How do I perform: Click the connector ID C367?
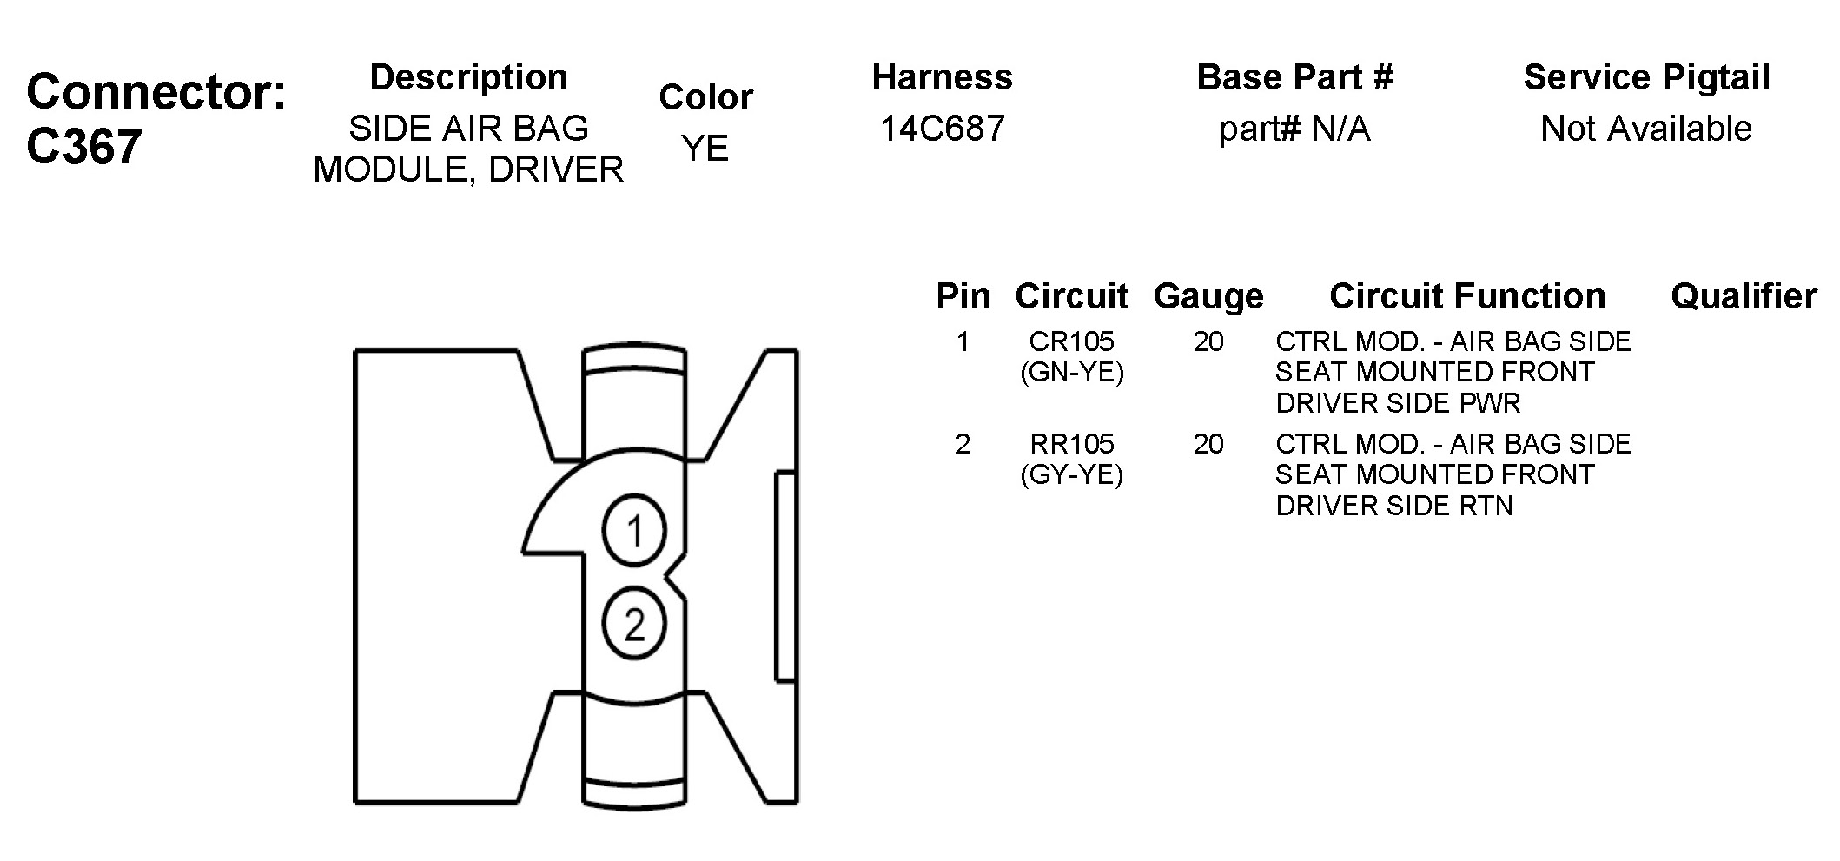(83, 146)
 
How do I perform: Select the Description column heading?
(468, 78)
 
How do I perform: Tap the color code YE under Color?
(705, 149)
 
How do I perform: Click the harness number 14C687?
(942, 129)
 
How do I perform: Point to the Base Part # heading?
(1294, 77)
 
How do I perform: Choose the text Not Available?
(1645, 129)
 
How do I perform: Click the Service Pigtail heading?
(1646, 78)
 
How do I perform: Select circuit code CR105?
(1071, 341)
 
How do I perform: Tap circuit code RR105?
(1071, 444)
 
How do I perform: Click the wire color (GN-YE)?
(1071, 373)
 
